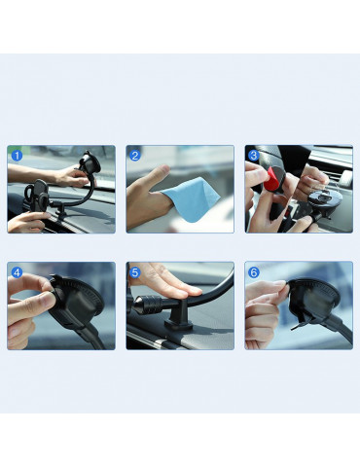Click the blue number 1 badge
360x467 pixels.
[17, 156]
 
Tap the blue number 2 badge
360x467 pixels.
[135, 156]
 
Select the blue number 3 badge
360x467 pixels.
[254, 156]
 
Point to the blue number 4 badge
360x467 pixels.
[17, 272]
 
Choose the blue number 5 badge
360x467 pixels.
[135, 272]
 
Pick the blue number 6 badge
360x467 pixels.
[254, 272]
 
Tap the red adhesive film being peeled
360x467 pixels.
[270, 182]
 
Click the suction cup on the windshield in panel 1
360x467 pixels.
[89, 163]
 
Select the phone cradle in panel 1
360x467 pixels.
[37, 197]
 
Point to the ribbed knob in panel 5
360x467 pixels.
[150, 305]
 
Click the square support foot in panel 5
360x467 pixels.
[178, 324]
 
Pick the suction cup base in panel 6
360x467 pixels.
[313, 300]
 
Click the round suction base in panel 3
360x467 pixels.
[319, 199]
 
